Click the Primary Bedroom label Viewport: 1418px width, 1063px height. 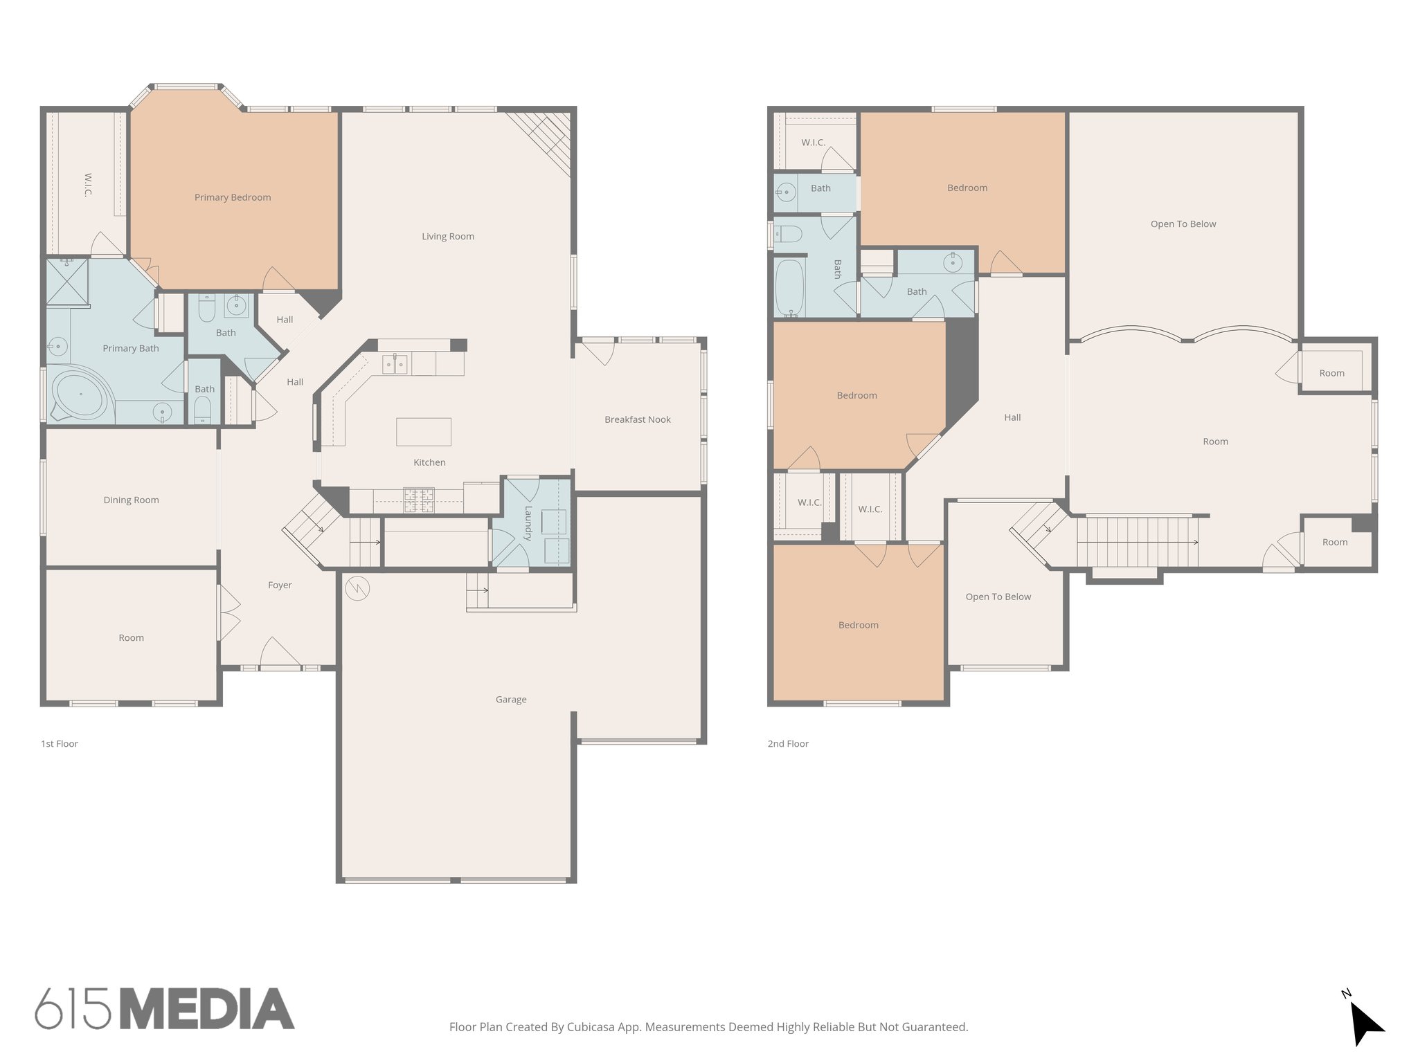pos(233,197)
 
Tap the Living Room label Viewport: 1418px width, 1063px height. pos(448,237)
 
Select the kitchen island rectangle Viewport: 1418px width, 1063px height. pos(424,432)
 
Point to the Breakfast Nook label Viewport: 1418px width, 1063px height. pos(637,419)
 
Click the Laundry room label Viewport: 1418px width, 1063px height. pos(528,523)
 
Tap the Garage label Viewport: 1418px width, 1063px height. pos(511,700)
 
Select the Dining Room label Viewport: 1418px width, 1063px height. pos(131,500)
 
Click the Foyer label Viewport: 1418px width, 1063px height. pos(280,585)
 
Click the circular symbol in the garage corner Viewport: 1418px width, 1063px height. pos(357,588)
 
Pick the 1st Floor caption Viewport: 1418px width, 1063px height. pos(60,744)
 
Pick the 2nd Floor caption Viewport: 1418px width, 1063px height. pos(788,744)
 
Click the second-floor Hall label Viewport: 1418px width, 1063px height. pos(1012,417)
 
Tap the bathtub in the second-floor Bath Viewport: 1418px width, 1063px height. pos(789,287)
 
